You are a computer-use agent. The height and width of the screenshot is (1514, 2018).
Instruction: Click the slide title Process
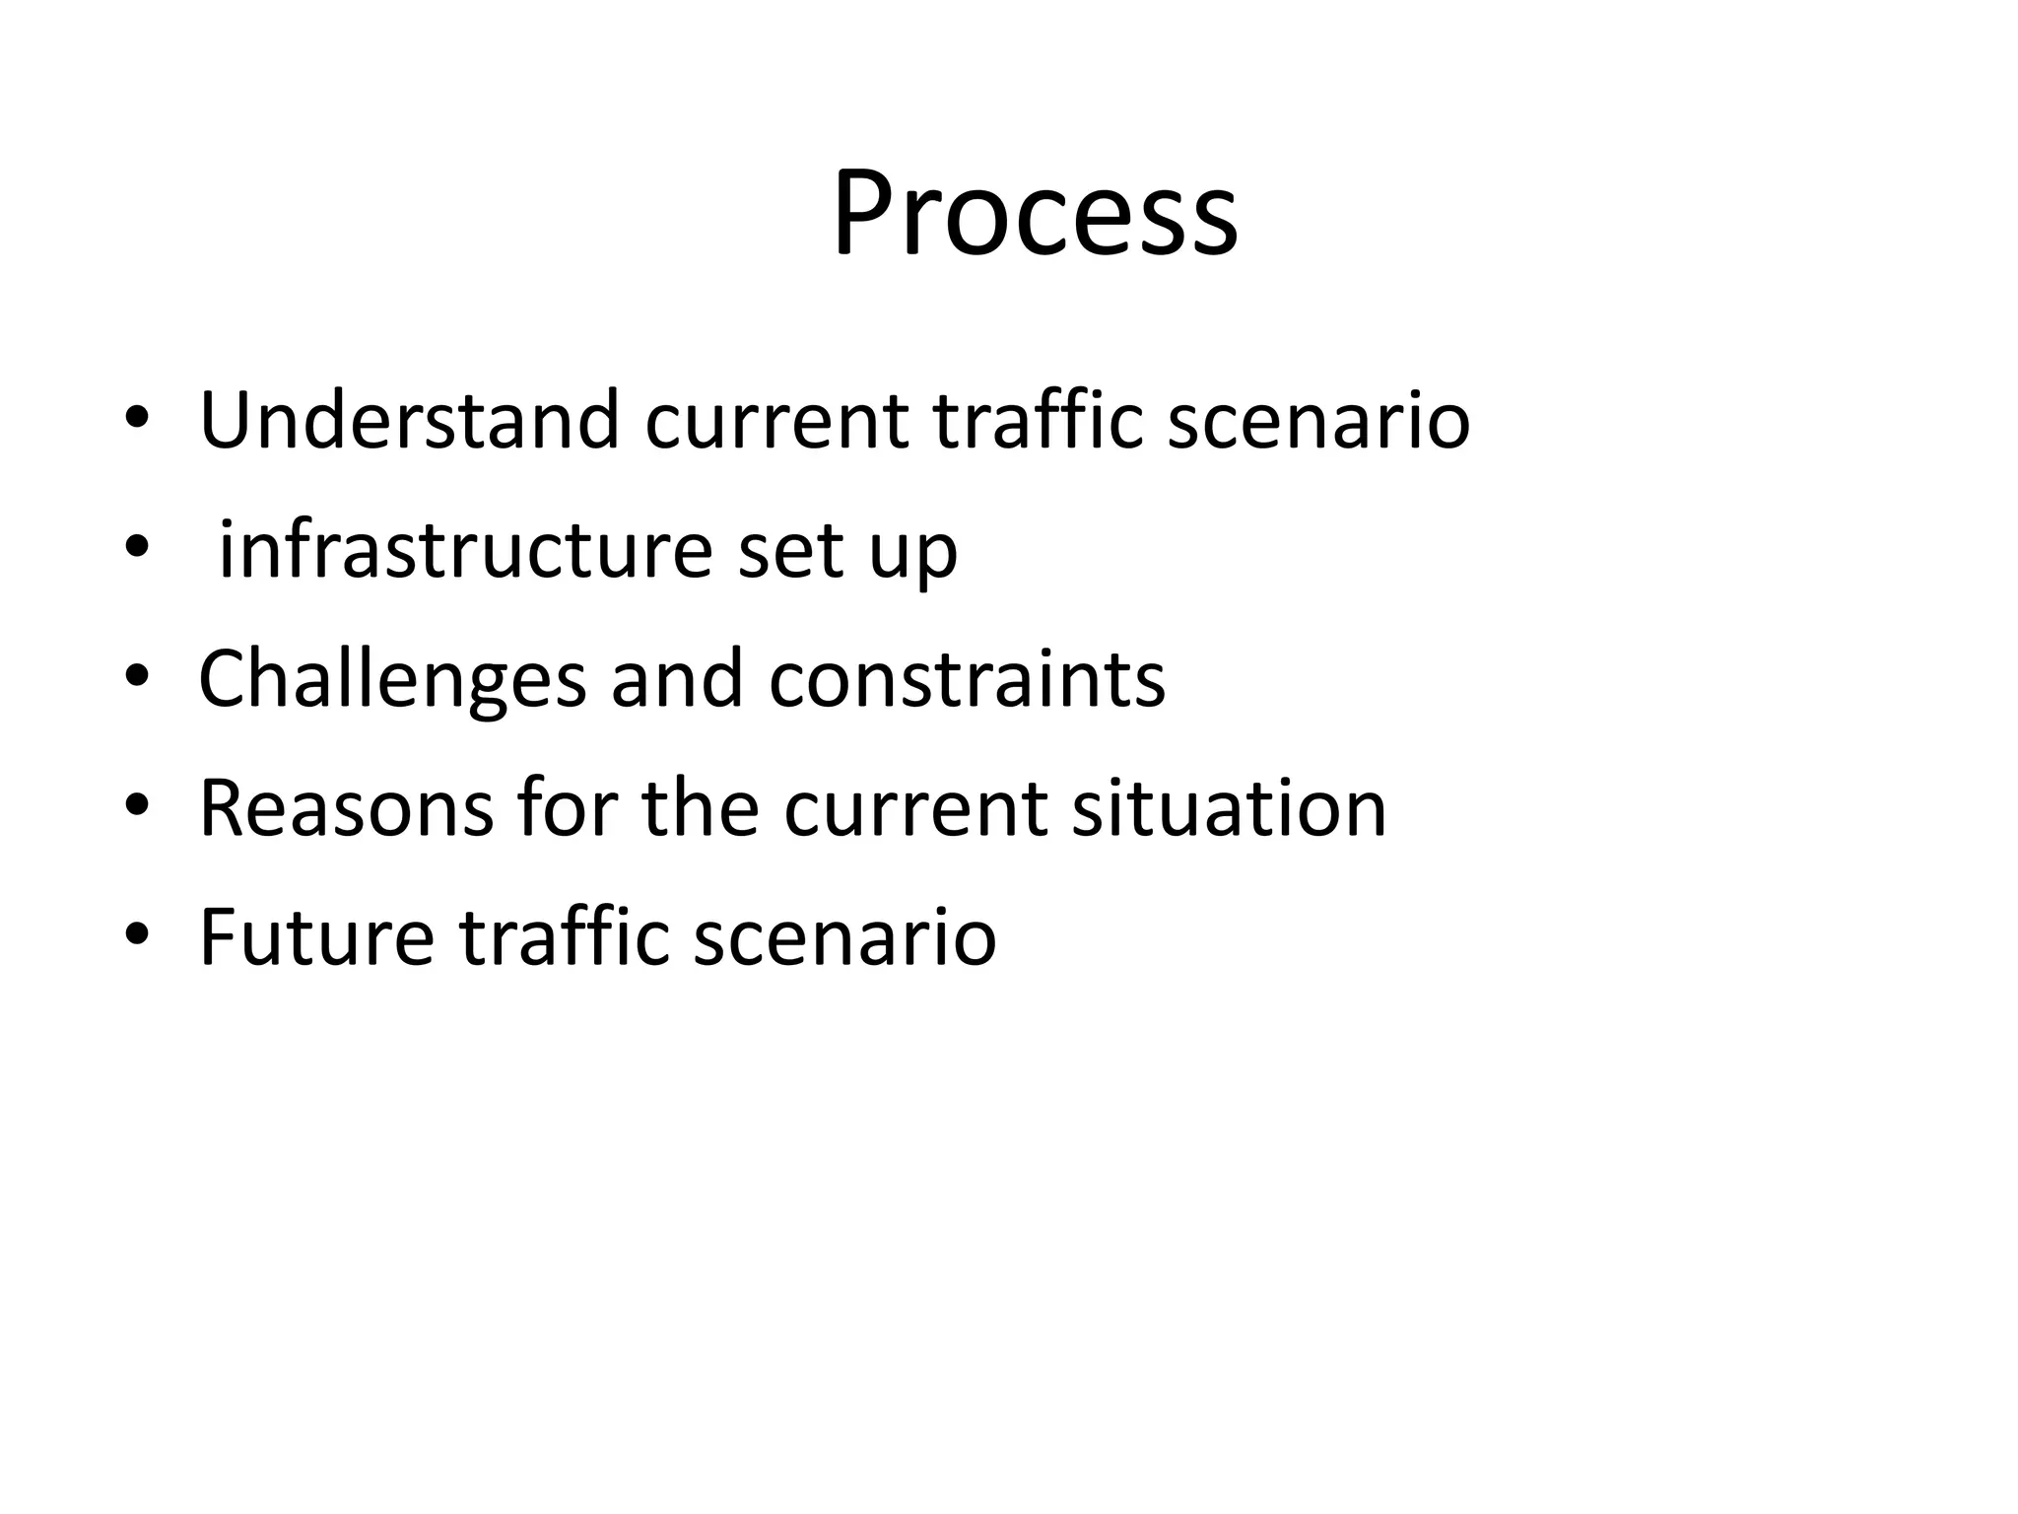tap(1035, 214)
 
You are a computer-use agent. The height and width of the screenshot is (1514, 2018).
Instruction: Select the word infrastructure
tap(464, 550)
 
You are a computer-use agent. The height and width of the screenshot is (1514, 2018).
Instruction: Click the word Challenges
tap(392, 679)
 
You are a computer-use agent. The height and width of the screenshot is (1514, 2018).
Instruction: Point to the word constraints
tap(967, 679)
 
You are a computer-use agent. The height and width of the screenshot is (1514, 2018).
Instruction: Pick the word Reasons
tap(346, 808)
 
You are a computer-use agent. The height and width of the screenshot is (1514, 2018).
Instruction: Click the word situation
tap(1229, 808)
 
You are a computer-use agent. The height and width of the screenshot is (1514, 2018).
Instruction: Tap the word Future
tap(316, 937)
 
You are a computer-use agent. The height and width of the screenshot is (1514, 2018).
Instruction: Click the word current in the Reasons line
tap(915, 808)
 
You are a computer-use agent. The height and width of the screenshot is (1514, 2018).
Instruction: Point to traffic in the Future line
tap(565, 937)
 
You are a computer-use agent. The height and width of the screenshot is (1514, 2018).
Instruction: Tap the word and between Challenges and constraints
tap(677, 679)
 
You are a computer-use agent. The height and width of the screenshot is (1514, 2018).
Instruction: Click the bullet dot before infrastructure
tap(137, 546)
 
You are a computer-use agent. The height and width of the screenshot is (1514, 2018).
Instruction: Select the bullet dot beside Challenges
tap(137, 676)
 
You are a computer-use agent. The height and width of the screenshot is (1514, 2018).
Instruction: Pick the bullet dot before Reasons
tap(137, 805)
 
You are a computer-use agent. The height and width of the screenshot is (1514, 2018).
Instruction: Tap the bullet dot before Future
tap(137, 934)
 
